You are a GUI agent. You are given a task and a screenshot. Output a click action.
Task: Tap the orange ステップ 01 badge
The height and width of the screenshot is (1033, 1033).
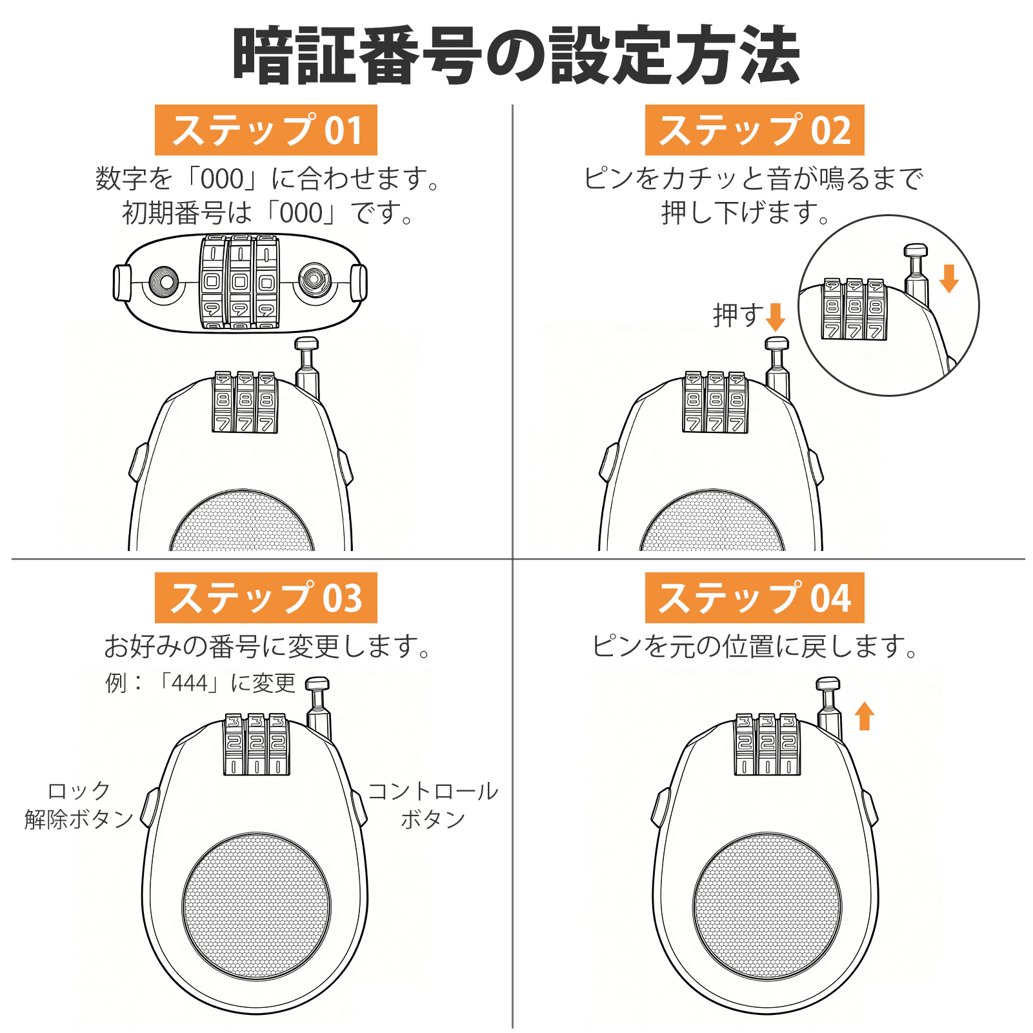click(x=266, y=130)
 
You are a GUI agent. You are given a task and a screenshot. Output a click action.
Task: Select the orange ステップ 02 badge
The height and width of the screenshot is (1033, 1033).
click(x=754, y=130)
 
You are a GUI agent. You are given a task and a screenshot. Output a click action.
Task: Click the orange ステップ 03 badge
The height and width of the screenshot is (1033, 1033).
click(x=266, y=597)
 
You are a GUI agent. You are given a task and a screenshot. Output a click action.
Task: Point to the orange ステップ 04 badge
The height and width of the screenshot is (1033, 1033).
click(x=754, y=597)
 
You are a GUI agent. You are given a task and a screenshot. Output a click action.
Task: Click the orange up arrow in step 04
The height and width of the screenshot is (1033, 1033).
click(x=865, y=716)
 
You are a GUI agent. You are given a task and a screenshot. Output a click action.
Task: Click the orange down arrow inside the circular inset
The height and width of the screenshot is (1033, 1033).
click(x=948, y=278)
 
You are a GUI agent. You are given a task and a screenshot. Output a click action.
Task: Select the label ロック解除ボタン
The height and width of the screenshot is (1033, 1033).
click(x=79, y=805)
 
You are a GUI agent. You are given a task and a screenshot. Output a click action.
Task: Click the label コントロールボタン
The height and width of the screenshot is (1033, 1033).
click(x=433, y=805)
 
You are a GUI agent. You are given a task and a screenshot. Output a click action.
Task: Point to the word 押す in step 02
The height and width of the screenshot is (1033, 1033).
click(x=738, y=316)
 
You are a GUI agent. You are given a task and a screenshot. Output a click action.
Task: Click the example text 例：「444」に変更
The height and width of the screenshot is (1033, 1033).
click(x=200, y=683)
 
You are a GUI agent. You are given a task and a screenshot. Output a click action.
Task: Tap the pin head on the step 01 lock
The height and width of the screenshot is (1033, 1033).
click(x=306, y=344)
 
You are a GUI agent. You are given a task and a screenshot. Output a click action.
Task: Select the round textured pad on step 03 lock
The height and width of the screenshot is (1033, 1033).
click(x=257, y=907)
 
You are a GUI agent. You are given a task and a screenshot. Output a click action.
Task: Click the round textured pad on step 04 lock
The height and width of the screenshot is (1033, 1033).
click(x=767, y=907)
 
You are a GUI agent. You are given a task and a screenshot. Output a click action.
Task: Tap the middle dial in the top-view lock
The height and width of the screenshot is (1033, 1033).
click(x=240, y=283)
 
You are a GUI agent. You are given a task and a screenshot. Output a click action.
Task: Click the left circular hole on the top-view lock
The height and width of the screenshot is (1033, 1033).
click(x=164, y=282)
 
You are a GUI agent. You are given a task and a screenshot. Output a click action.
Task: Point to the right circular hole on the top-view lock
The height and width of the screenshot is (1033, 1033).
click(x=315, y=280)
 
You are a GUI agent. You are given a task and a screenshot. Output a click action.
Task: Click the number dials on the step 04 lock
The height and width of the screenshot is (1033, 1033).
click(x=767, y=743)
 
